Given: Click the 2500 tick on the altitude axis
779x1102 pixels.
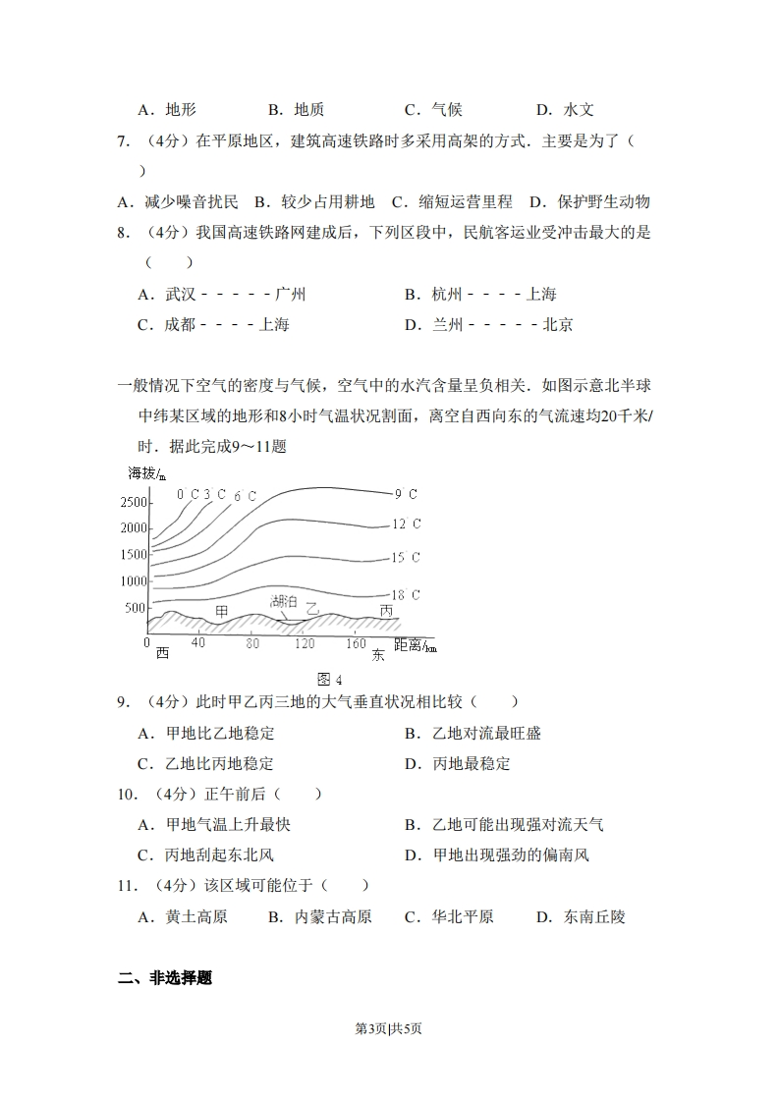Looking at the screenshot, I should click(x=133, y=503).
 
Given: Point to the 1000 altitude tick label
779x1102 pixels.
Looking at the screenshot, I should click(x=133, y=580).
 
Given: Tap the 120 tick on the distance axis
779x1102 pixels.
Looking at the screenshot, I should click(x=304, y=643).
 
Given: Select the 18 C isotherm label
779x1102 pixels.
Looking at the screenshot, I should click(x=406, y=595).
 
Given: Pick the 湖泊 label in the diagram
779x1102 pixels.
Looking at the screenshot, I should click(x=283, y=600).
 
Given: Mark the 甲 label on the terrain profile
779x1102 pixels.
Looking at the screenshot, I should click(x=222, y=611).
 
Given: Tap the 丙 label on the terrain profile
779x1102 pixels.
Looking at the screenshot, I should click(x=386, y=611).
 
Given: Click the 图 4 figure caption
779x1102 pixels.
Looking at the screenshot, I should click(x=330, y=680).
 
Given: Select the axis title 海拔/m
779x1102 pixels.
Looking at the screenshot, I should click(x=147, y=473).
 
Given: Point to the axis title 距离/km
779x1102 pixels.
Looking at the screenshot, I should click(x=415, y=645).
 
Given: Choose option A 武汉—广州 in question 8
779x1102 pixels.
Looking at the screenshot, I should click(x=222, y=294).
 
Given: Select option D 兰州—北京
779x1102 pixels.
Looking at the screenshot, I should click(x=488, y=324).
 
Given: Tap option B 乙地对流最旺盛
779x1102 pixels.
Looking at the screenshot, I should click(x=473, y=733).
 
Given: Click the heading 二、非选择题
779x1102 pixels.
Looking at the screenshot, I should click(x=165, y=978).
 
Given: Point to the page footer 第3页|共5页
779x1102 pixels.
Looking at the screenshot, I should click(x=388, y=1028).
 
